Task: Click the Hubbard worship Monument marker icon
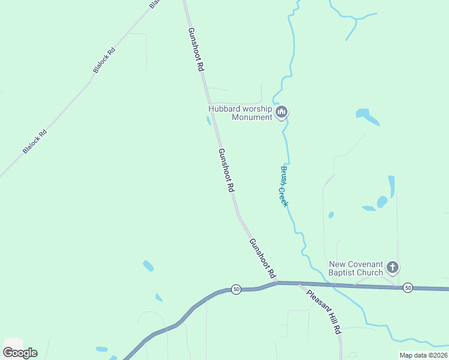coord(282,112)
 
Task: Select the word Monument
coord(252,117)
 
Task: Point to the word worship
coord(256,109)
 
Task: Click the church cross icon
coord(392,267)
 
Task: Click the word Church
coord(370,273)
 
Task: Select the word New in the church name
coord(337,264)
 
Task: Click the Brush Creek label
coord(283,186)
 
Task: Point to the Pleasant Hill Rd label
coord(324,312)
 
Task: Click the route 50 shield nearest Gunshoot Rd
coord(236,289)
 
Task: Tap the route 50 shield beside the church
coord(408,287)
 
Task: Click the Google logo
coord(20,353)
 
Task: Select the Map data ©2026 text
coord(423,355)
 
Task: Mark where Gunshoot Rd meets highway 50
coord(278,282)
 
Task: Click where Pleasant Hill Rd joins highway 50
coord(300,284)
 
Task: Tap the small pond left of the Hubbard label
coord(209,120)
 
